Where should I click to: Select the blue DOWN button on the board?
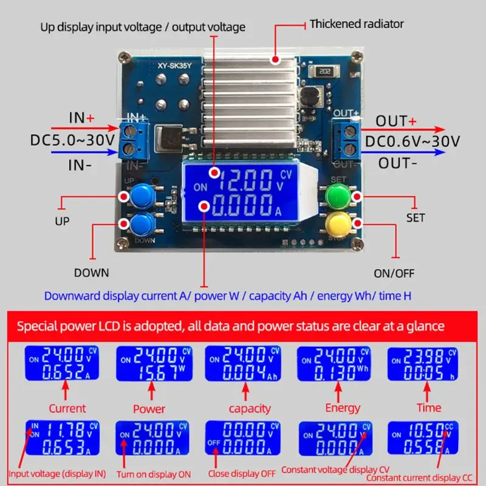pos(142,224)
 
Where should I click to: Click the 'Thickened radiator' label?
pos(357,24)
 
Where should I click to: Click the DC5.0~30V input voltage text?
pos(73,140)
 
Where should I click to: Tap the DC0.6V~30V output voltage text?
pos(412,142)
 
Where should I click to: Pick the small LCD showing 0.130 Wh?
pos(334,363)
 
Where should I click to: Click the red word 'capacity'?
pos(250,408)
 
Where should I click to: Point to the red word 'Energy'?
pos(343,408)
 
